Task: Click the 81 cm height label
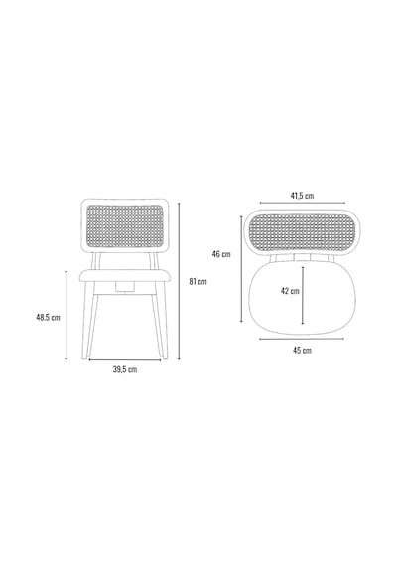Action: coord(198,281)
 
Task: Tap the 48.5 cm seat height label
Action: coord(48,318)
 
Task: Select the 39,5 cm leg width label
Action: coord(125,369)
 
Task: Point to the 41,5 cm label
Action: coord(302,196)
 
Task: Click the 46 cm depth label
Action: coord(221,254)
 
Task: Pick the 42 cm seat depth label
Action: coord(290,291)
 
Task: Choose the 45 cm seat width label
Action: coord(302,350)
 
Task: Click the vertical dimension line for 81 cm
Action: coord(179,281)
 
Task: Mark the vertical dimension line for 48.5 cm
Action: coord(66,315)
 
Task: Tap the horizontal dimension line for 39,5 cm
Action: coord(125,359)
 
